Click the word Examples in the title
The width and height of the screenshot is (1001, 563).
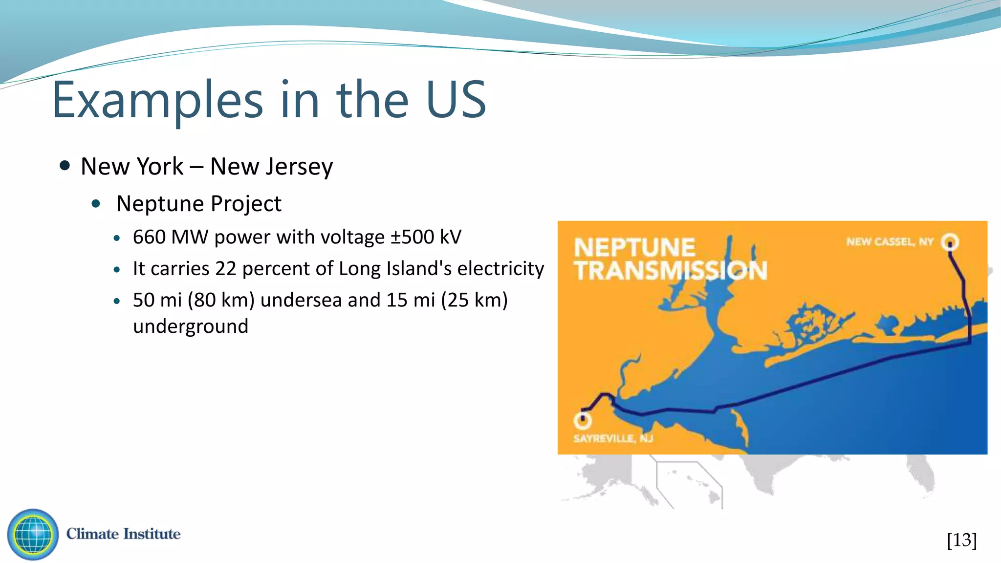(157, 100)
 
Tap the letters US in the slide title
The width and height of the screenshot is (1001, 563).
(456, 100)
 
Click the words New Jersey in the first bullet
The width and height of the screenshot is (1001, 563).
(271, 167)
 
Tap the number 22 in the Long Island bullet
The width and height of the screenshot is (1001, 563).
(226, 269)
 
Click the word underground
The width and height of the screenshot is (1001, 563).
(191, 326)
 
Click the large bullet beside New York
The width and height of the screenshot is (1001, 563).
(65, 166)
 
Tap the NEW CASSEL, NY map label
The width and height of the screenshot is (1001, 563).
(890, 242)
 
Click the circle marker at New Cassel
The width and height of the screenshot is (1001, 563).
(950, 242)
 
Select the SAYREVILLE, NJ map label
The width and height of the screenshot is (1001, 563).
(613, 438)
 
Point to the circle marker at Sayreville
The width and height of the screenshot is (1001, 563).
(583, 420)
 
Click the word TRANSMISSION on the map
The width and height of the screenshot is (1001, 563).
(671, 271)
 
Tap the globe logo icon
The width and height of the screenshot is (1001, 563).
(33, 534)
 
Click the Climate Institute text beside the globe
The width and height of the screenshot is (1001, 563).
(123, 534)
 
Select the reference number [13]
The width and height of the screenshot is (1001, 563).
(961, 541)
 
